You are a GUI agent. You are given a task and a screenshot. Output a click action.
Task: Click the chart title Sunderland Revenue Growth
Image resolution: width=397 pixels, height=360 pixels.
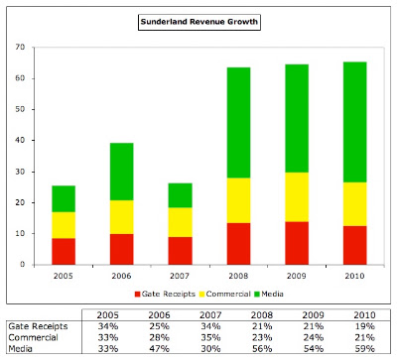[199, 22]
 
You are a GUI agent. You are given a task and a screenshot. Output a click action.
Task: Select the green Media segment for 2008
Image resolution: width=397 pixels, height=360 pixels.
[238, 123]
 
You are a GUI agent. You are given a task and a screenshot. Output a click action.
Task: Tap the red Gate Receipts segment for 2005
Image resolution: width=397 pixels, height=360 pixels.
[64, 251]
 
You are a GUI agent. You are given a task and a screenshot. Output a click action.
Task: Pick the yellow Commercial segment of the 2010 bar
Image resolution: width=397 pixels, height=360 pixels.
[355, 204]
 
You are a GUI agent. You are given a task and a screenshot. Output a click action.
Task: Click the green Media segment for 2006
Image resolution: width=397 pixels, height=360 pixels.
[122, 172]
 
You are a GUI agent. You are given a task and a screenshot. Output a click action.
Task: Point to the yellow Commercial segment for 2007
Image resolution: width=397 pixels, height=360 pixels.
[181, 222]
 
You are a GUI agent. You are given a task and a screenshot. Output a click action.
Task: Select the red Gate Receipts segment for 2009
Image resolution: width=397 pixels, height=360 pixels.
[297, 243]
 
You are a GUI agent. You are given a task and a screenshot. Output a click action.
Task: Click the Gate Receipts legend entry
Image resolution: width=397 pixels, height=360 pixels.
[165, 294]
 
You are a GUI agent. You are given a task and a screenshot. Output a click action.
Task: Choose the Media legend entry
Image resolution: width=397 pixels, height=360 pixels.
[269, 294]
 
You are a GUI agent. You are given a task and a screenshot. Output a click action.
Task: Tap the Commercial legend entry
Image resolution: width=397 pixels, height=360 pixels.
[225, 294]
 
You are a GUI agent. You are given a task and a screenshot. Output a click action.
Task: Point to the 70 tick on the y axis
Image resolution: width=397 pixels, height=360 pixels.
[20, 48]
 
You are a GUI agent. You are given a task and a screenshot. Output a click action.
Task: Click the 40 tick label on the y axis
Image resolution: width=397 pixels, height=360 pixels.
[20, 141]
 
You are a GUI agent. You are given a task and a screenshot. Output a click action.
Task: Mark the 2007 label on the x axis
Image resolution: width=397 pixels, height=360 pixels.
[180, 276]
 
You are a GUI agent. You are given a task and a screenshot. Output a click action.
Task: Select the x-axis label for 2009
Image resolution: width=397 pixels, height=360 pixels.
[297, 276]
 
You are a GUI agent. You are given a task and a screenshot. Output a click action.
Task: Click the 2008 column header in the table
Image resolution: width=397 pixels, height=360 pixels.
[262, 315]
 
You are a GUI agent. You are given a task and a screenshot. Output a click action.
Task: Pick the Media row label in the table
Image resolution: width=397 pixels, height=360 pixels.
[21, 349]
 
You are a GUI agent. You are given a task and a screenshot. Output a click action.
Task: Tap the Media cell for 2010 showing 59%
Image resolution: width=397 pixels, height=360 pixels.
[364, 349]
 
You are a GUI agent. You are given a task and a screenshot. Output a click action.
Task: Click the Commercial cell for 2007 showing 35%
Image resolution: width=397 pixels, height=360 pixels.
[210, 337]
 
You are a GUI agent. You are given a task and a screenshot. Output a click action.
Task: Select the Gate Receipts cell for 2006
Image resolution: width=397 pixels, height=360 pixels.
[159, 326]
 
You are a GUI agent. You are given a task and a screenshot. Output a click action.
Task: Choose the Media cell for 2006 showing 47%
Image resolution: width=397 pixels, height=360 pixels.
[159, 349]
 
